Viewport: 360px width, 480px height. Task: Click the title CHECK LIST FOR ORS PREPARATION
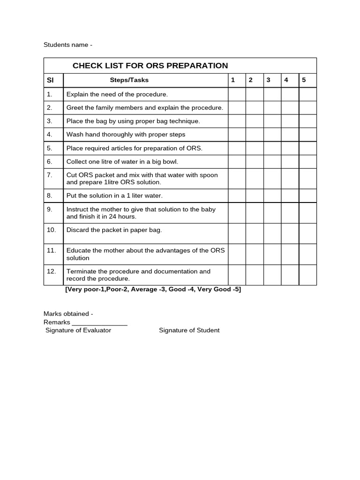150,66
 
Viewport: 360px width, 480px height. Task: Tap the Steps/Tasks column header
129,80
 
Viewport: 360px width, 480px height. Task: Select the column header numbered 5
304,80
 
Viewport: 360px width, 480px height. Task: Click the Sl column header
50,80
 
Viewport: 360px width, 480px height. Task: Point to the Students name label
68,45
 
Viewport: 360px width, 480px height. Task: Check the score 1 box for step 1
237,94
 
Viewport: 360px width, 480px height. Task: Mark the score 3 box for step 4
272,135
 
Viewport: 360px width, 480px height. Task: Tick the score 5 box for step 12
307,275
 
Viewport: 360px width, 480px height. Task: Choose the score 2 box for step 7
255,179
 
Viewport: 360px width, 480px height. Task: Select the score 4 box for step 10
290,233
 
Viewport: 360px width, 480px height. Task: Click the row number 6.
49,162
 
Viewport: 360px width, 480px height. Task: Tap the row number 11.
51,250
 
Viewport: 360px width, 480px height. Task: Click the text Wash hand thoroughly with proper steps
126,135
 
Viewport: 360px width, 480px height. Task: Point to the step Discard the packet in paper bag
114,230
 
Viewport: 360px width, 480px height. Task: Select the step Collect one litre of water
122,162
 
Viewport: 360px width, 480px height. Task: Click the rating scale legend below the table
153,290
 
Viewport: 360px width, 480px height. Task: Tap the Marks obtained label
68,314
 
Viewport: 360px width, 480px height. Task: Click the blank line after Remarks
99,323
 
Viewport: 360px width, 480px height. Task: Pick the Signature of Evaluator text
78,330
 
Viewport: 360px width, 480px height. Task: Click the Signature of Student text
189,330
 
